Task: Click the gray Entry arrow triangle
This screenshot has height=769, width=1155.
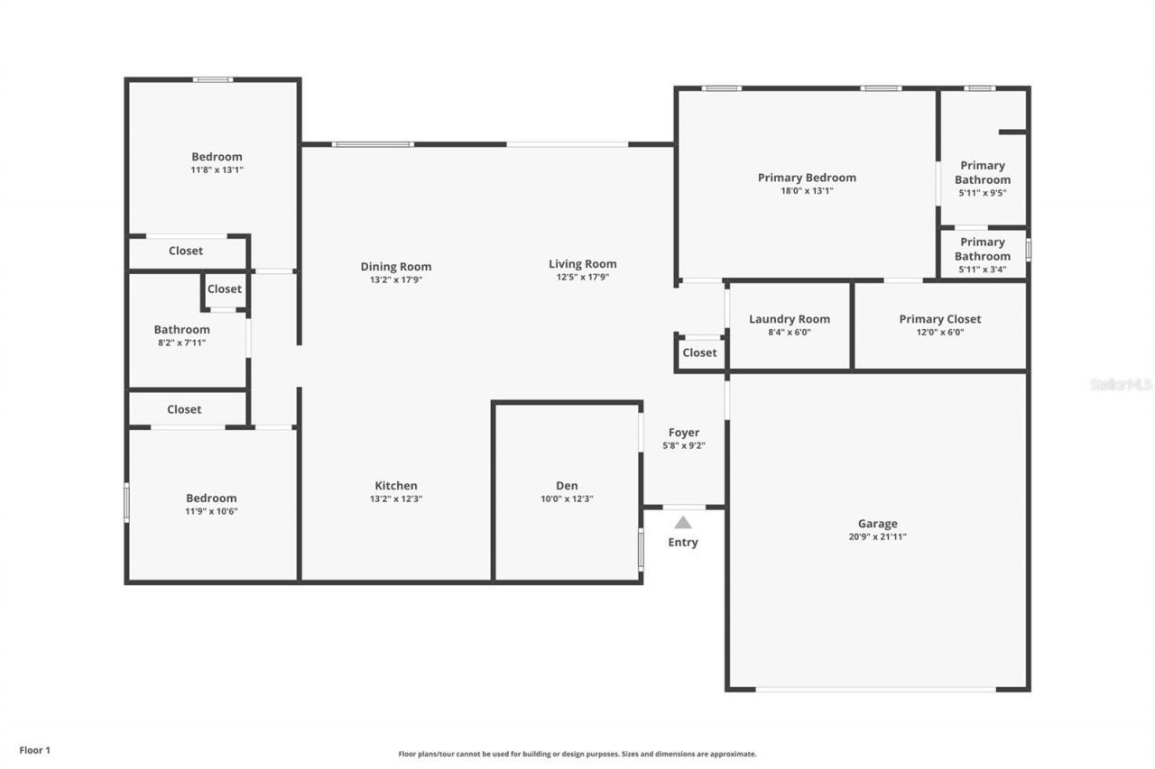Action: (x=683, y=522)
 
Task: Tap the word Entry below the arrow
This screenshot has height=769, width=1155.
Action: (x=683, y=543)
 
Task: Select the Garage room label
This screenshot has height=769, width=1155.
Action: (x=877, y=524)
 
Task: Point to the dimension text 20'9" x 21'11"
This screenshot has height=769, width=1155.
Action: (x=877, y=537)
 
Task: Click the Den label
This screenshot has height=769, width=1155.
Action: (x=567, y=486)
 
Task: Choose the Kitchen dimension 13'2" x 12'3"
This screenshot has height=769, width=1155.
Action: (x=396, y=499)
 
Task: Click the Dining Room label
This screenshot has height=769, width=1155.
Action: (x=396, y=267)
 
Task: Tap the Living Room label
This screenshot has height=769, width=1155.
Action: (x=583, y=264)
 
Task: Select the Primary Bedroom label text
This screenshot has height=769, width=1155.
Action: (x=807, y=178)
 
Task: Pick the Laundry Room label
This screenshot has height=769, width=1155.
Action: (x=790, y=319)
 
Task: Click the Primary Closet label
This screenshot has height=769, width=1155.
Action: (x=939, y=319)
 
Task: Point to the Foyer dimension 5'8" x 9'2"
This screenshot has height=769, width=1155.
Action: (x=684, y=445)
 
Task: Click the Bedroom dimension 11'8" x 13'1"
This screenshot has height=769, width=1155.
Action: (x=217, y=169)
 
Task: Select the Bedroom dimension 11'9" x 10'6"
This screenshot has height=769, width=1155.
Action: (x=211, y=511)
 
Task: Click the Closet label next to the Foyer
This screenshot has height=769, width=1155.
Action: (x=699, y=352)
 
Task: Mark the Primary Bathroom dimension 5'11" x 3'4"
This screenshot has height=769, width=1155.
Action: (x=982, y=270)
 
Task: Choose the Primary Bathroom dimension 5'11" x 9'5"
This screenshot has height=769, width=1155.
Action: (x=982, y=193)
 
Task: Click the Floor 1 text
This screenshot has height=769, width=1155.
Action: (x=35, y=750)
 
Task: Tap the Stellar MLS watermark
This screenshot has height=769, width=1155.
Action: (x=1121, y=384)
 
